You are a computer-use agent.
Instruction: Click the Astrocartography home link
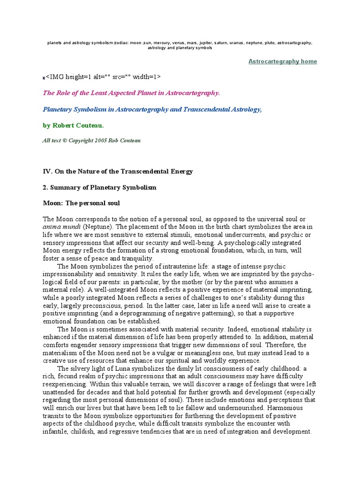[x=282, y=61]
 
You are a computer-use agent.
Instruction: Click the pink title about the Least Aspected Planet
[x=131, y=93]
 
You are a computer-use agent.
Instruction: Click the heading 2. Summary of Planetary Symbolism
[x=99, y=187]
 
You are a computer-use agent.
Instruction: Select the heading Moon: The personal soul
[x=82, y=203]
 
